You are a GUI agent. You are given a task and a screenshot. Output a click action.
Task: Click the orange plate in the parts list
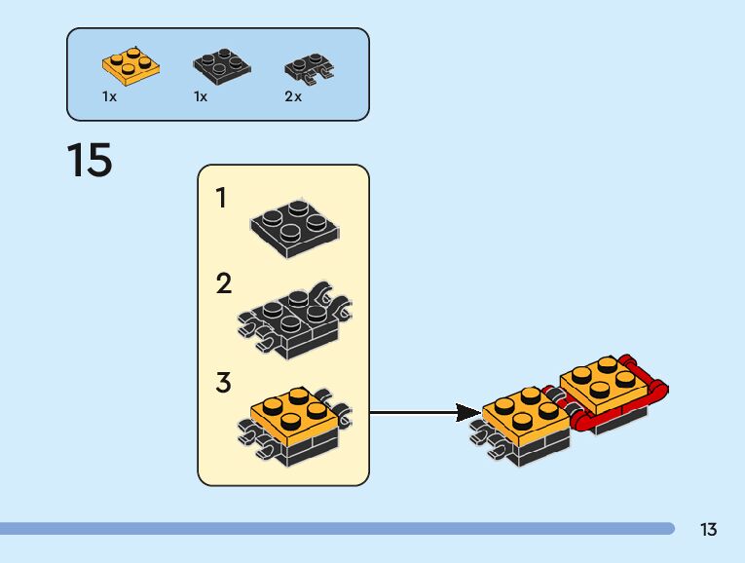130,67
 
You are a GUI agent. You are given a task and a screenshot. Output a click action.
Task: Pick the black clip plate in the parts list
309,68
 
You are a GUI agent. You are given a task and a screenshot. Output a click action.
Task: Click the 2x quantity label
293,97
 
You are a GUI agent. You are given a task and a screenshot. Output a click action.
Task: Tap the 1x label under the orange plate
109,97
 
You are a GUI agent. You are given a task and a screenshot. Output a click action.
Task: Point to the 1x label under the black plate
201,97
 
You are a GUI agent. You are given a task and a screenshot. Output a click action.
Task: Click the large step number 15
90,161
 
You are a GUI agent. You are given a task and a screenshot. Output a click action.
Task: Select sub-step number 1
221,199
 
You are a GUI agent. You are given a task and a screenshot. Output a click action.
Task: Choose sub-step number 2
224,284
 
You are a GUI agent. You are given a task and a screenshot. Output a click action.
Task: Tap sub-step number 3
224,383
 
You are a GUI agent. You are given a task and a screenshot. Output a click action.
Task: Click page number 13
708,530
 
